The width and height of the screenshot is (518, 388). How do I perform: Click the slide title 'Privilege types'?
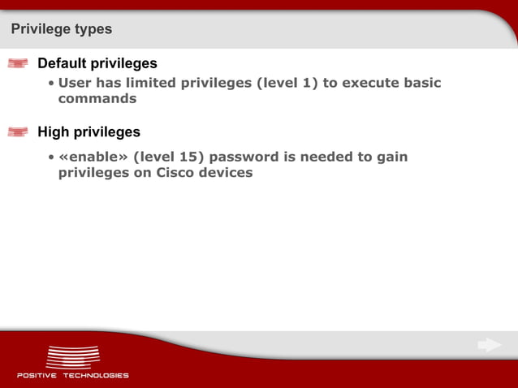(62, 29)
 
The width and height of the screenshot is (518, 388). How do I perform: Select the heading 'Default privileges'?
(97, 63)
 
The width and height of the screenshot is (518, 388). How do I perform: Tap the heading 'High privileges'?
(88, 131)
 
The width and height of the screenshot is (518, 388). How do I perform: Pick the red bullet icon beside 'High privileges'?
(18, 131)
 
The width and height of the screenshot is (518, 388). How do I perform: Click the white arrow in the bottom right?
(489, 345)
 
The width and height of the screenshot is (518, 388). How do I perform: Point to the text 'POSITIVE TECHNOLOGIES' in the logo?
(73, 375)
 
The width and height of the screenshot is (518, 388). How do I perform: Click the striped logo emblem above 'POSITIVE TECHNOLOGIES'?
(73, 356)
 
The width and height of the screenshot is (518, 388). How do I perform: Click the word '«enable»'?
(93, 157)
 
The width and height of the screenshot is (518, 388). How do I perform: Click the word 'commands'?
(97, 99)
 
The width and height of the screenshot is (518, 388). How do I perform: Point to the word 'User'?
(76, 83)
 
